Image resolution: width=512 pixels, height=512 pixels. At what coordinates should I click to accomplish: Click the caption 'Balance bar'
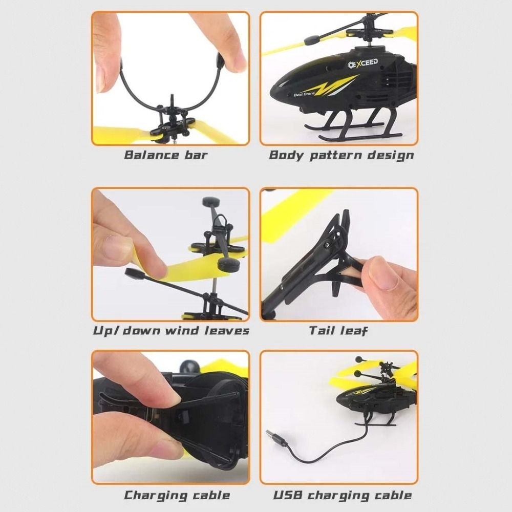click(x=165, y=155)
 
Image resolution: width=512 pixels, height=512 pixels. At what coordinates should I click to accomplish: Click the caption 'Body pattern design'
click(x=341, y=155)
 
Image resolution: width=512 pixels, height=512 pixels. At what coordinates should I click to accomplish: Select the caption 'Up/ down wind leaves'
click(x=171, y=330)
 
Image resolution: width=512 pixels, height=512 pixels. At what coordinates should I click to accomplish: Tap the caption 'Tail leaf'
click(x=338, y=330)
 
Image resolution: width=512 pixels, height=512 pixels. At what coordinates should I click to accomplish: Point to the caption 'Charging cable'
click(x=177, y=495)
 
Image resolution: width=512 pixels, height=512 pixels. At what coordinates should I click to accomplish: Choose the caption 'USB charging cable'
click(x=342, y=495)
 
